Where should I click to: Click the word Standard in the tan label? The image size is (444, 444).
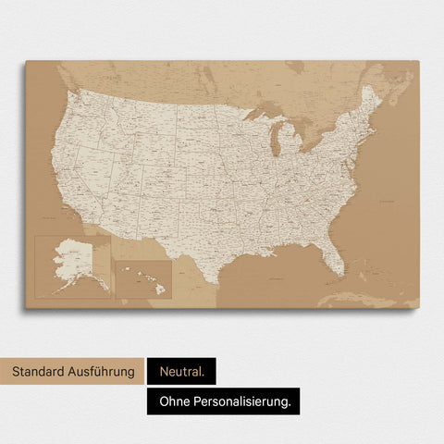pyautogui.click(x=40, y=372)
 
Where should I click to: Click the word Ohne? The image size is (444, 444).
pyautogui.click(x=174, y=401)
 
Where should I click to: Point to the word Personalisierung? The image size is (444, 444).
pyautogui.click(x=246, y=401)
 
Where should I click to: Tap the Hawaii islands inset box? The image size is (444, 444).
pyautogui.click(x=142, y=278)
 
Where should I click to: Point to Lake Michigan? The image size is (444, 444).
pyautogui.click(x=276, y=143)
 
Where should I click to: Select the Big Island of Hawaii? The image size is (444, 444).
pyautogui.click(x=161, y=290)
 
